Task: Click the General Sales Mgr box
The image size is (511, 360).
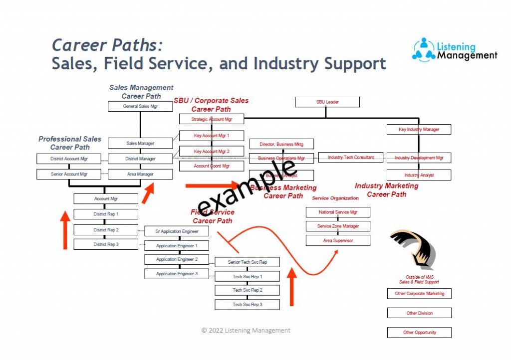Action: (140, 107)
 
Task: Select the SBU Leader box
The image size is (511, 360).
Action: (327, 102)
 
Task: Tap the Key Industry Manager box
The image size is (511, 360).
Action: (419, 130)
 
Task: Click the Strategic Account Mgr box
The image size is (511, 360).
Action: (212, 119)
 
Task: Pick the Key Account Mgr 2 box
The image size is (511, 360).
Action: (212, 151)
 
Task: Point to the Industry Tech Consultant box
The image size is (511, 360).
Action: (350, 158)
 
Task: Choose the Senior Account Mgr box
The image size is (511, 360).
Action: (69, 175)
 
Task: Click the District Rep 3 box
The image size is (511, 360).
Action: (106, 244)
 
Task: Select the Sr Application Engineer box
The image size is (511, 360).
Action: (177, 231)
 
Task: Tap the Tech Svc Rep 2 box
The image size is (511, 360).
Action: (247, 290)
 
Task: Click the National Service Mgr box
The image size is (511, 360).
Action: (338, 212)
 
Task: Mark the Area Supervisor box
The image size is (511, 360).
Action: (338, 240)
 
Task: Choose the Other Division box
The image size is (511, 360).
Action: (419, 313)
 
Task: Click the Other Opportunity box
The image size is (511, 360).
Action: (419, 333)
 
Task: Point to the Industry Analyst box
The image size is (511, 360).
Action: (419, 175)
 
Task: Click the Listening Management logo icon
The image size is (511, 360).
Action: (424, 50)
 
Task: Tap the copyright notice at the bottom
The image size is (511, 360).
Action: (246, 330)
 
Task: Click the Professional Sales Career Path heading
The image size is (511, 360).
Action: (70, 143)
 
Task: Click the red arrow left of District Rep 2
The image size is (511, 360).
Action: (64, 230)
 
